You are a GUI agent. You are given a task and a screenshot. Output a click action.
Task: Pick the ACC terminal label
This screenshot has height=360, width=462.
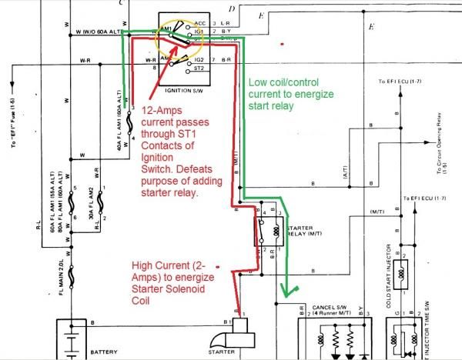200,25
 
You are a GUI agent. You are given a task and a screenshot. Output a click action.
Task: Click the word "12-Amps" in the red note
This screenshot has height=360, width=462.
159,111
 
